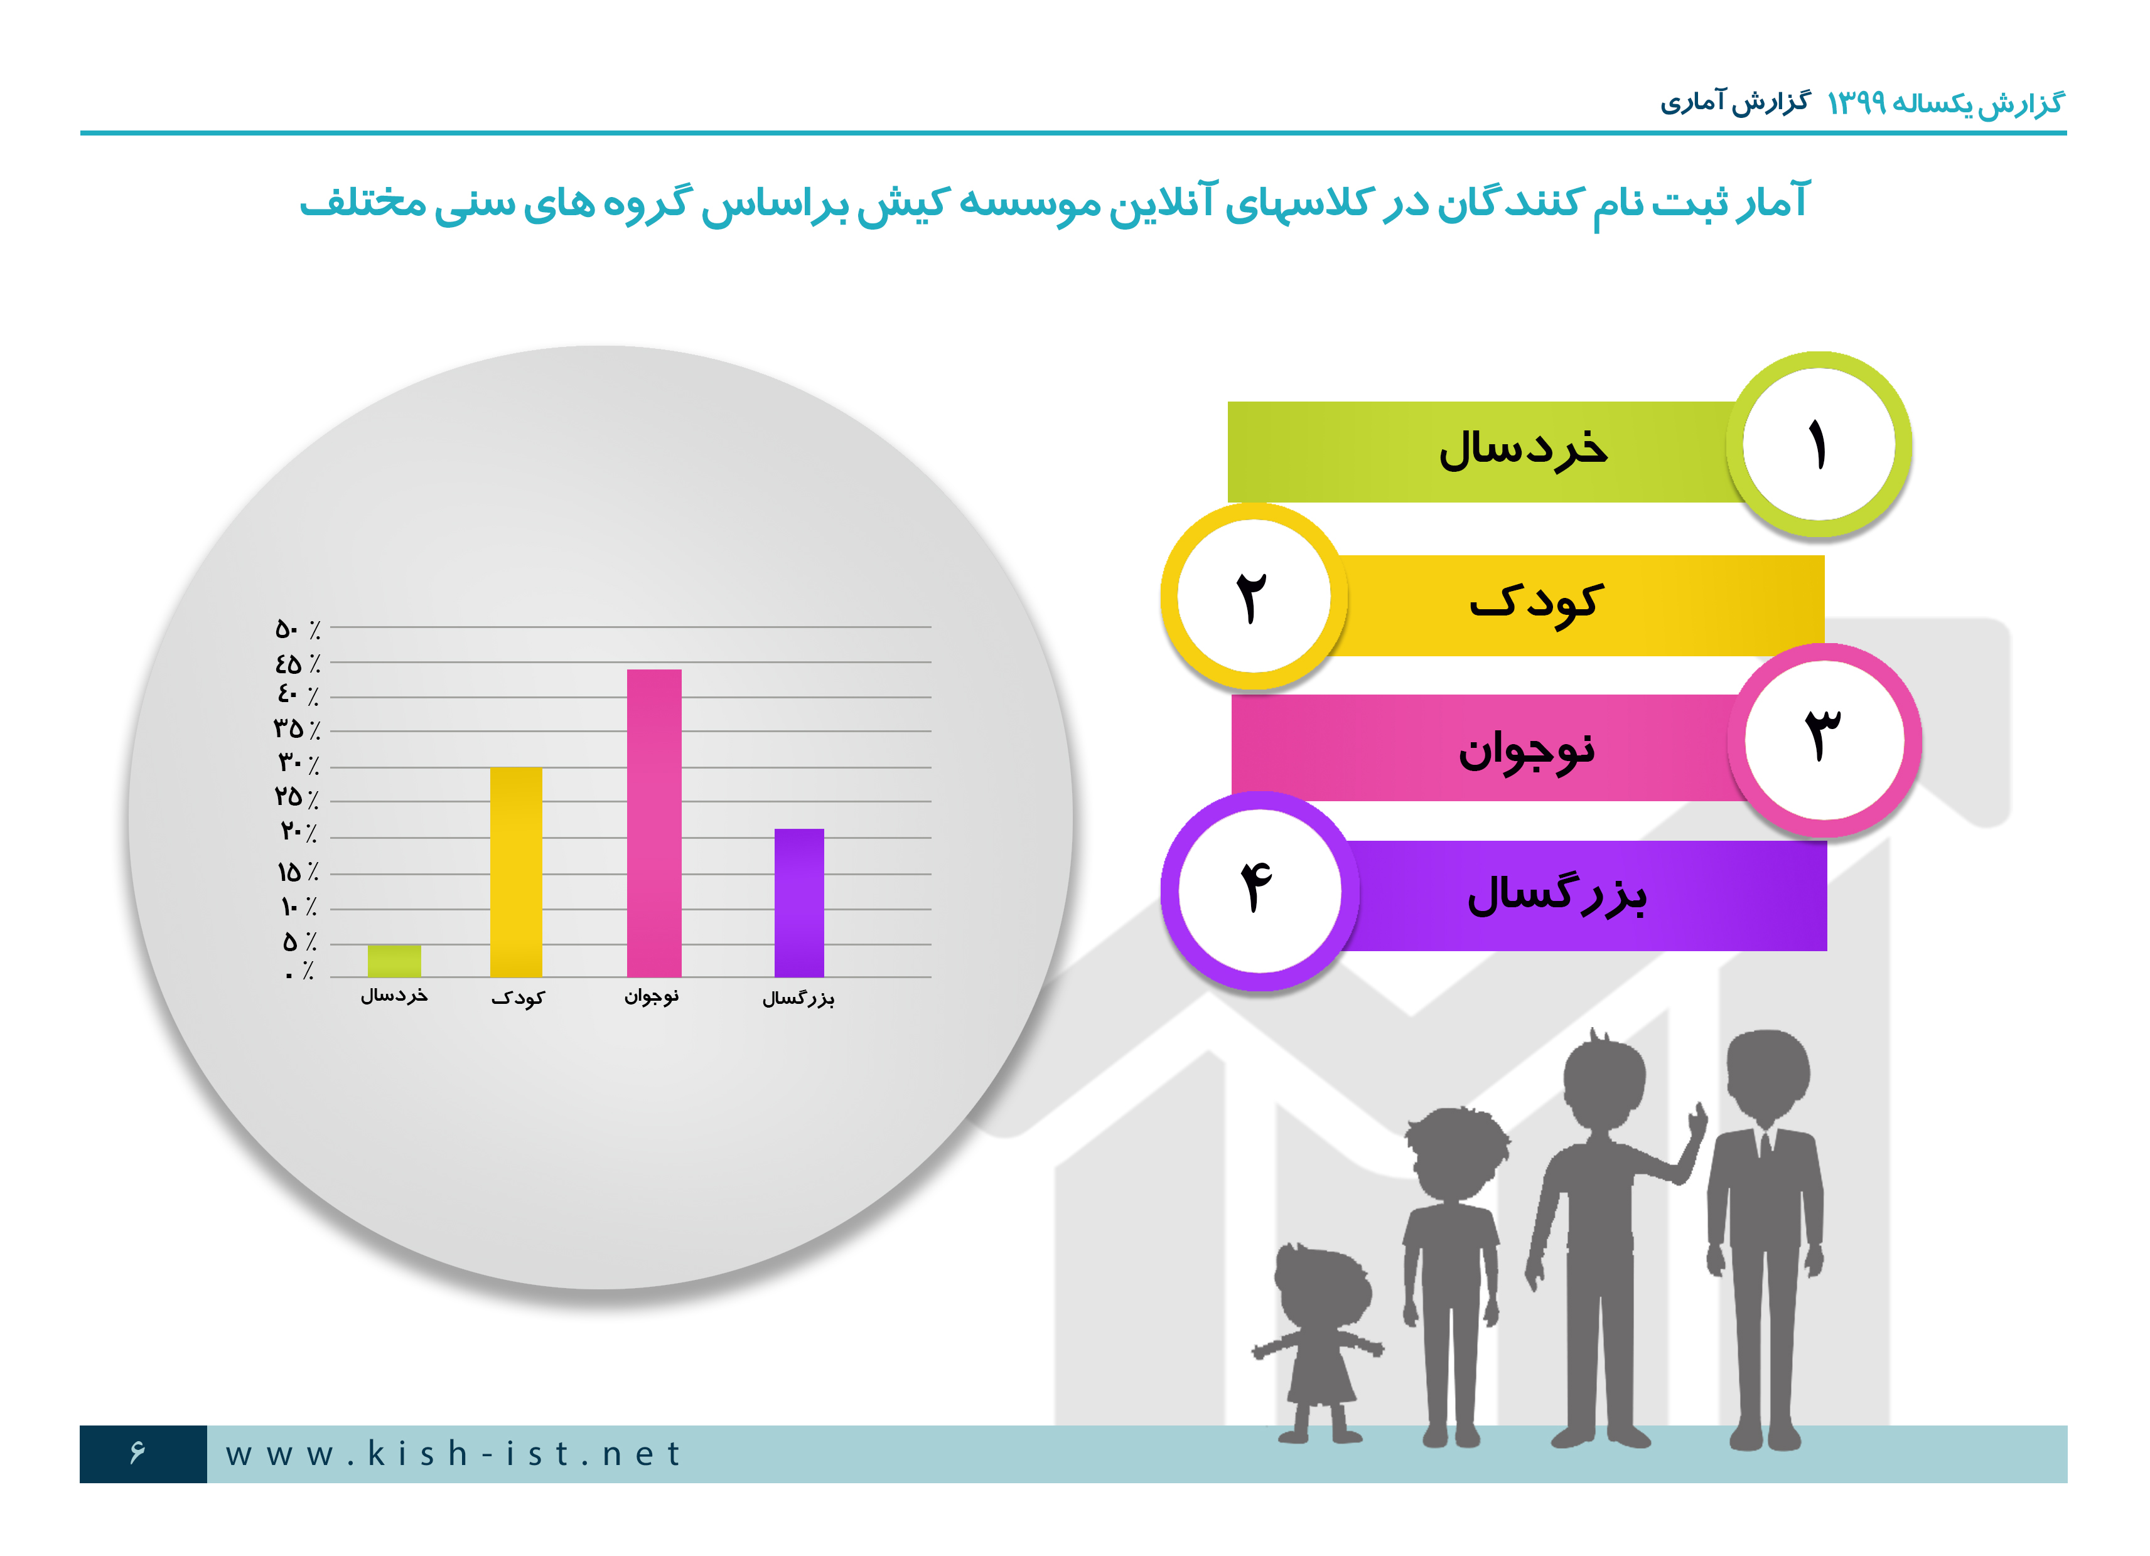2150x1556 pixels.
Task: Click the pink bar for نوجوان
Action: pyautogui.click(x=654, y=823)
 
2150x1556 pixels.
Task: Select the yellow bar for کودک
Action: pyautogui.click(x=517, y=872)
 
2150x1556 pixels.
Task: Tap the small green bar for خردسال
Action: pyautogui.click(x=394, y=961)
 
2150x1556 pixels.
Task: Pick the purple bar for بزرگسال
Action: pyautogui.click(x=799, y=903)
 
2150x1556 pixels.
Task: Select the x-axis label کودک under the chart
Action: pyautogui.click(x=518, y=998)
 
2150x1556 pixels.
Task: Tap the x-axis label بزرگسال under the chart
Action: pyautogui.click(x=798, y=998)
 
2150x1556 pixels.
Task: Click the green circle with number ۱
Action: pyautogui.click(x=1818, y=444)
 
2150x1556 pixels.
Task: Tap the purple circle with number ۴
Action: pyautogui.click(x=1259, y=891)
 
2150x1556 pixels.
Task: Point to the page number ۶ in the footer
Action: pyautogui.click(x=138, y=1452)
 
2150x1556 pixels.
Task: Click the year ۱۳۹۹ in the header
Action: pyautogui.click(x=1856, y=102)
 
